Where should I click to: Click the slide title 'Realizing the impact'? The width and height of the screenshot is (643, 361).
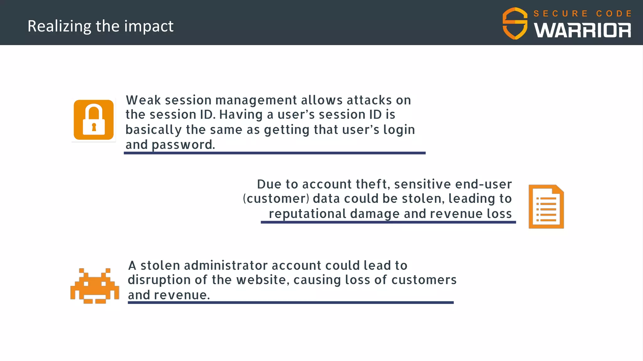100,26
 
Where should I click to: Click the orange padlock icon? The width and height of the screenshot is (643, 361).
94,120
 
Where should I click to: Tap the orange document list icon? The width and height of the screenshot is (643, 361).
546,207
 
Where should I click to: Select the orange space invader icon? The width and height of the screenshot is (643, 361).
95,286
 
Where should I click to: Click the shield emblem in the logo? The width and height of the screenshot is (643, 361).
515,24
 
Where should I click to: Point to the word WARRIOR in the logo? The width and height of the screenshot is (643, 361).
582,31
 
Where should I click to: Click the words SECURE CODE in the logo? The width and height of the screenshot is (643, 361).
582,13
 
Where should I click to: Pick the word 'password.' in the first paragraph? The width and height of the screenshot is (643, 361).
183,145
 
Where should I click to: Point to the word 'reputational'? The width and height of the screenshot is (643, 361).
307,214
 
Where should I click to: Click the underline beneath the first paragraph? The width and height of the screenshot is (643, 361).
274,153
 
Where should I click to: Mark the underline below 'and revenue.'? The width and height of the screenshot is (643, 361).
290,302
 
